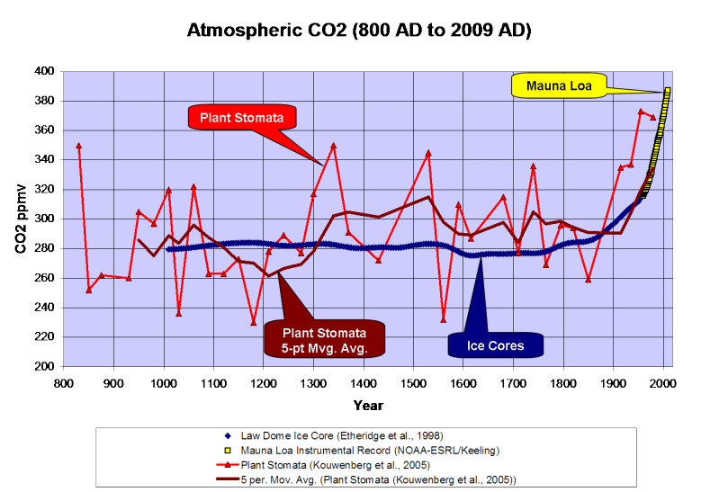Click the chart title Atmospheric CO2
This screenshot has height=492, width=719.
tap(359, 31)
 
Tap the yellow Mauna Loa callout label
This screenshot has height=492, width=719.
tap(558, 85)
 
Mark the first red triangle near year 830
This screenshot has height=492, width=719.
tap(78, 145)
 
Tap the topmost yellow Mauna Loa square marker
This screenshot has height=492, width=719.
tap(668, 90)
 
